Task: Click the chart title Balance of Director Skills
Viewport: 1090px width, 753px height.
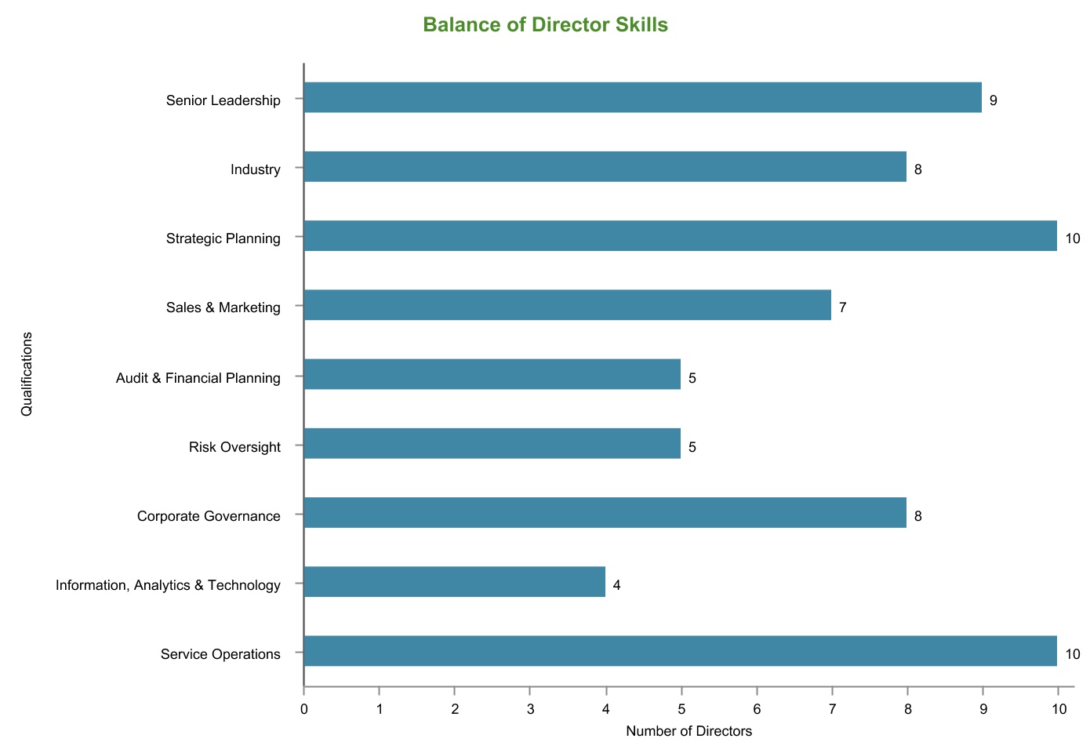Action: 545,25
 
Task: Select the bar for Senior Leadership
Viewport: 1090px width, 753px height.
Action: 642,98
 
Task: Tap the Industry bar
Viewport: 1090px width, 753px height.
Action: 605,167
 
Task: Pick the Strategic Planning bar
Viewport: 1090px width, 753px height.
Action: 680,236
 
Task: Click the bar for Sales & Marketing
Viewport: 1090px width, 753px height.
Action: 567,305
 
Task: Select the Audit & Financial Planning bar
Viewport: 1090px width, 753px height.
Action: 492,374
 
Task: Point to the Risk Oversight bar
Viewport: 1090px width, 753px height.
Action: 492,443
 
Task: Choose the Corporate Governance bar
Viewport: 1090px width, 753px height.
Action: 605,512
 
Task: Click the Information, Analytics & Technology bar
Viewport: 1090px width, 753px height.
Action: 454,582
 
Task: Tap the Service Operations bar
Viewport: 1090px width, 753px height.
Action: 680,651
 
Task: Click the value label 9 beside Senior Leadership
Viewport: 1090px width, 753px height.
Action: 993,100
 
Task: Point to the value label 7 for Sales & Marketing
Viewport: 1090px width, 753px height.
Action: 842,307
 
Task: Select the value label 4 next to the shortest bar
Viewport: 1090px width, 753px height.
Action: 616,584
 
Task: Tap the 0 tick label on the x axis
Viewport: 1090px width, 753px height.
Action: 303,710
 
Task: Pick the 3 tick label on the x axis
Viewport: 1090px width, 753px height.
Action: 530,710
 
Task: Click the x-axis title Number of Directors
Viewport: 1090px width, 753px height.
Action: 689,732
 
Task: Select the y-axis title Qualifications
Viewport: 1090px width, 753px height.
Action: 27,373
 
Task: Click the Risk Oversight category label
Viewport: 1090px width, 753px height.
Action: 234,447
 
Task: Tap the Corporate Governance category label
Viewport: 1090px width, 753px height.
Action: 209,516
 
